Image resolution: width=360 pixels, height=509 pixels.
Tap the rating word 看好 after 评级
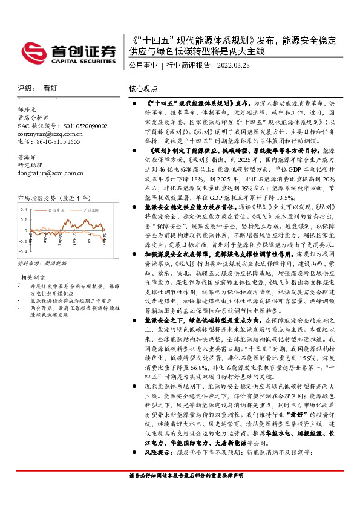(x=50, y=88)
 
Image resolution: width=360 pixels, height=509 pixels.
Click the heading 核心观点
(x=143, y=88)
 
